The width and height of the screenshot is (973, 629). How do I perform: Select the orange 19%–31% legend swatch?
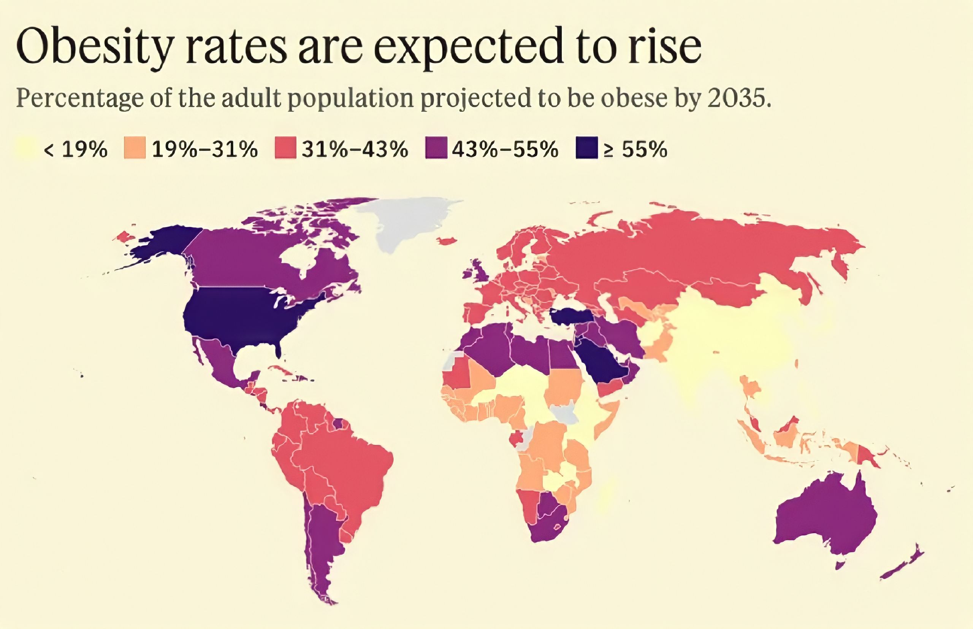135,148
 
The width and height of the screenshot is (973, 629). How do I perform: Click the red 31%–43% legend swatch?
285,148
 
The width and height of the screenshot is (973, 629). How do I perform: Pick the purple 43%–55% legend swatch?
436,148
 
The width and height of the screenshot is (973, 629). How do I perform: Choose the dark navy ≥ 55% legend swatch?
586,148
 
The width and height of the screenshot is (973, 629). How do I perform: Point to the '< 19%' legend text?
75,149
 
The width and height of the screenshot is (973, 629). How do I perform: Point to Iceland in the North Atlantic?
447,241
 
